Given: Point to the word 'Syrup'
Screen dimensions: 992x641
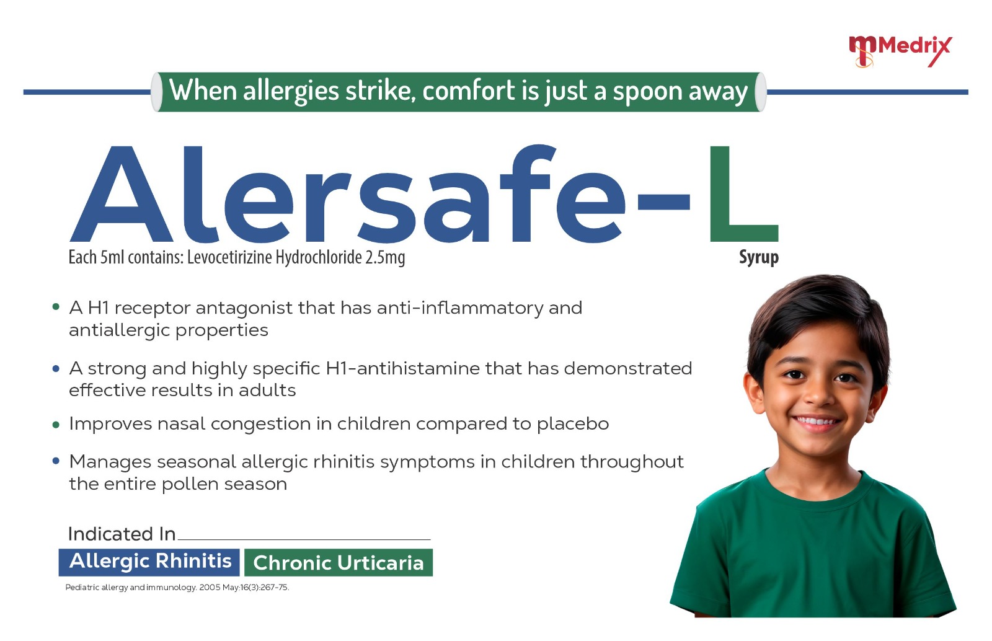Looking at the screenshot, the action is click(x=759, y=258).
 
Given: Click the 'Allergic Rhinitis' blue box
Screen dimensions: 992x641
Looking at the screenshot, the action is click(x=149, y=562).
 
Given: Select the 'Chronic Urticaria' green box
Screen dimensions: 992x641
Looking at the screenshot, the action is click(x=339, y=563).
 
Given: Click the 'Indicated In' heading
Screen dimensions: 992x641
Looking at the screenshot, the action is click(x=122, y=534).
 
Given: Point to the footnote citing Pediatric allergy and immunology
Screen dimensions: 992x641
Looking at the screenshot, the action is click(x=177, y=588).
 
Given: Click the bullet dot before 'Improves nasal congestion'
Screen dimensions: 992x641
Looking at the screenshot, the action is click(x=56, y=425).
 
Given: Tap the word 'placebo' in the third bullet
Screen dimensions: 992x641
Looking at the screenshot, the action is click(x=573, y=425).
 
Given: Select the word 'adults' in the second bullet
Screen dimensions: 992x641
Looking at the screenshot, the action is click(x=267, y=391).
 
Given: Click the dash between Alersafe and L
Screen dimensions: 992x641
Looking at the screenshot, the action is click(x=663, y=201).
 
